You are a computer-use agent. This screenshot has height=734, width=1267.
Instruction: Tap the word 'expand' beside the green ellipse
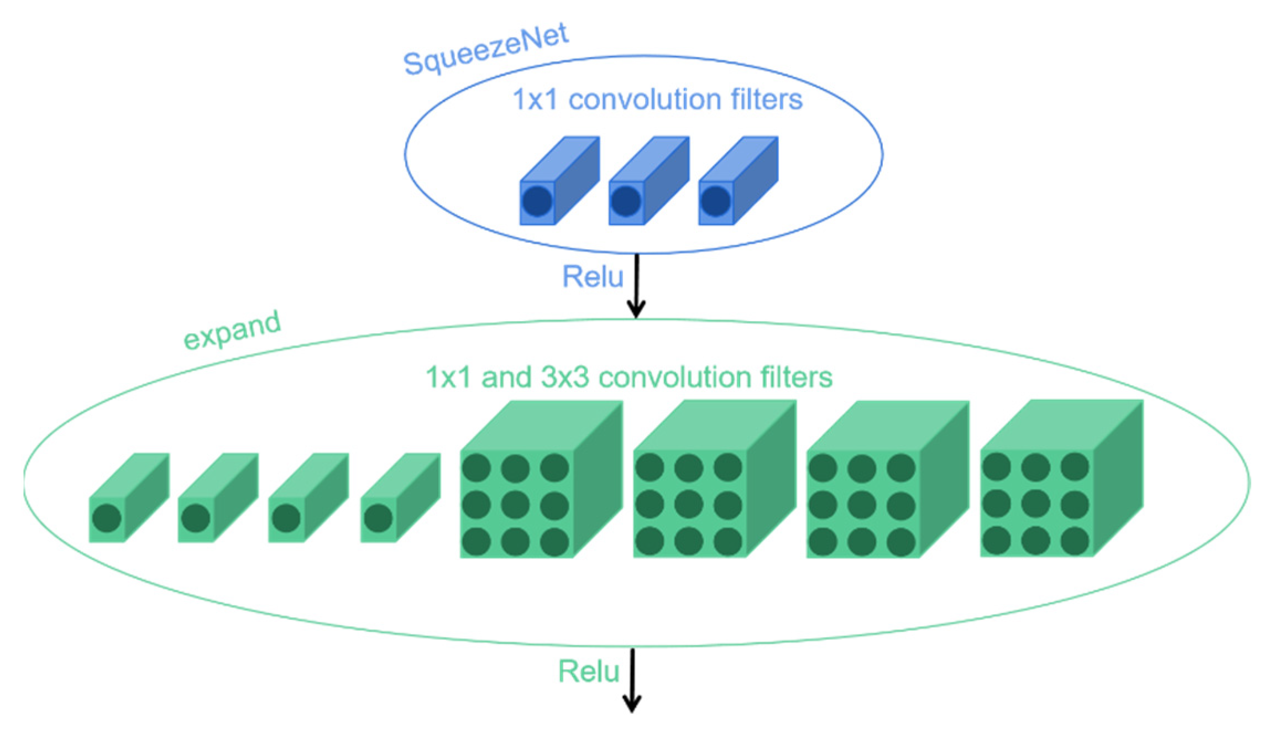(x=232, y=330)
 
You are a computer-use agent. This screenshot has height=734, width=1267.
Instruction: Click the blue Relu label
(x=593, y=276)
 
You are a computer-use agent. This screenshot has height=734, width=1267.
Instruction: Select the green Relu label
(x=589, y=671)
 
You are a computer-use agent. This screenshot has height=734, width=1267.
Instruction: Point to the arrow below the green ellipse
(x=632, y=680)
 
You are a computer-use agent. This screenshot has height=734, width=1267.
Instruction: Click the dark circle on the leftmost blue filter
(x=537, y=201)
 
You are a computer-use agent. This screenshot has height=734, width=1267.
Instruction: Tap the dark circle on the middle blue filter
(x=626, y=201)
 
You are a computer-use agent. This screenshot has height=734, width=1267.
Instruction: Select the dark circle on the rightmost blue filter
(x=716, y=201)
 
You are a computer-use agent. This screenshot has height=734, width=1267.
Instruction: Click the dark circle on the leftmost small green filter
(x=107, y=518)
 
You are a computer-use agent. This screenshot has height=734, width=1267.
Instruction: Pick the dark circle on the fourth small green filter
(x=378, y=518)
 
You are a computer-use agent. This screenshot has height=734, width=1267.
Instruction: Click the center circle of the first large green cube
(x=515, y=505)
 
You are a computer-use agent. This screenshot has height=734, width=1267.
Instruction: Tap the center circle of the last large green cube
(x=1035, y=504)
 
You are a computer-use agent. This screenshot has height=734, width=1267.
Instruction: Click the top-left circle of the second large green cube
(x=650, y=468)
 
